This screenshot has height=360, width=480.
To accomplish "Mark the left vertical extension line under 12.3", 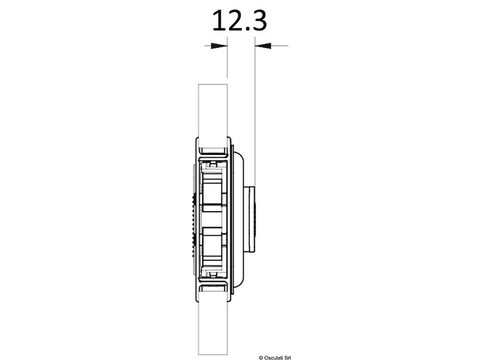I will point(227,60).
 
